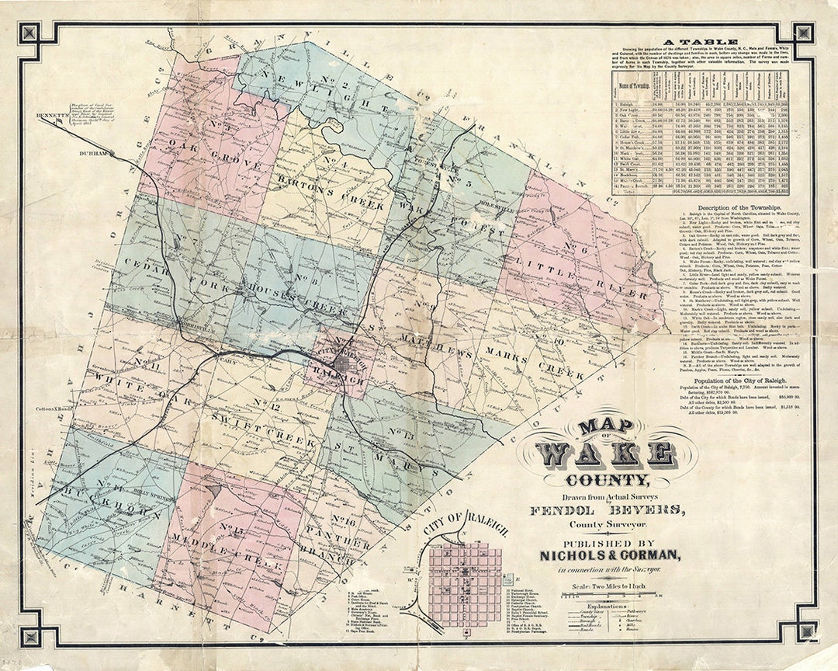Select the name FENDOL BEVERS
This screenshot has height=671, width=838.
coord(608,510)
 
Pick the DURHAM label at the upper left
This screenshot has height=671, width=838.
coord(92,154)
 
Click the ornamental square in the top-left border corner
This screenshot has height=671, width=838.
coord(30,33)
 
